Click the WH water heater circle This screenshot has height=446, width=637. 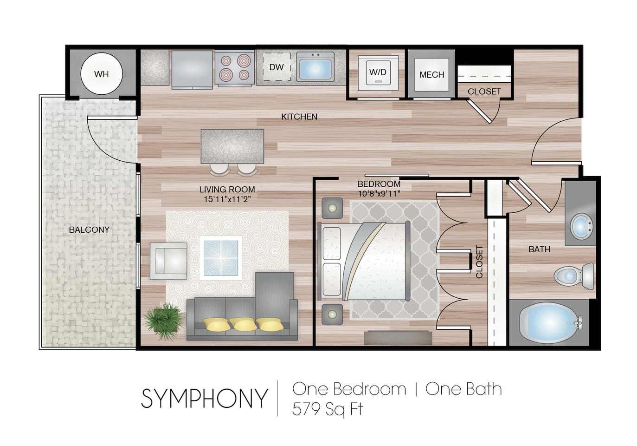point(101,74)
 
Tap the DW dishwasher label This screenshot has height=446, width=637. point(277,67)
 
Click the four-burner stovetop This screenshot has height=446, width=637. point(235,68)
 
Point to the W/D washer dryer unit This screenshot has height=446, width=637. point(378,72)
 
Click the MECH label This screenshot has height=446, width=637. point(431,74)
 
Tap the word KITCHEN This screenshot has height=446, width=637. point(299,117)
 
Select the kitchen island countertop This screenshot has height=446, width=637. point(232,146)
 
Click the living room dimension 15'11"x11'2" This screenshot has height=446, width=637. point(227,199)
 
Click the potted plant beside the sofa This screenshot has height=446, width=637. point(164,320)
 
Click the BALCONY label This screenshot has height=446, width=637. point(89,230)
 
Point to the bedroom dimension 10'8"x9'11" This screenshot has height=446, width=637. point(379,194)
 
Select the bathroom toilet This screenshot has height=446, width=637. point(573,276)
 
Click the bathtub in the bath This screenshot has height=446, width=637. point(550,322)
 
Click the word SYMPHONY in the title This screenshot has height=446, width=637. point(205,399)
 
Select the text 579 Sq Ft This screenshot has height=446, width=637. point(327,409)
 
